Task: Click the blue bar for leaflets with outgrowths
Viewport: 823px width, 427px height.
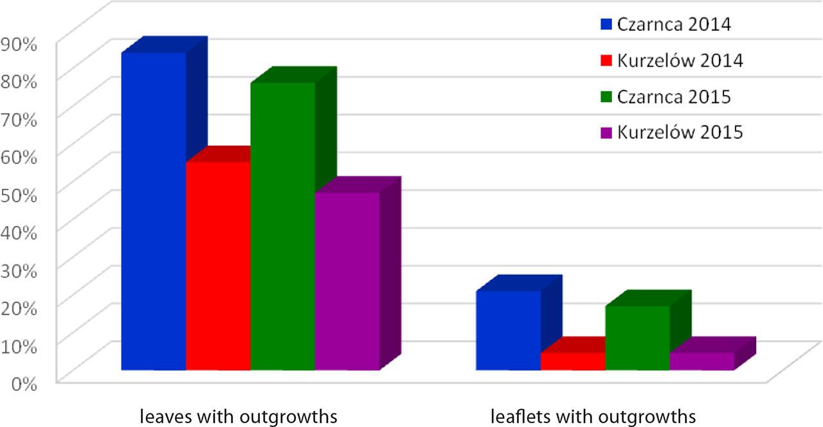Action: [x=508, y=330]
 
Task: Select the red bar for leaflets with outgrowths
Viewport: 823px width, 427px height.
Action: [x=573, y=361]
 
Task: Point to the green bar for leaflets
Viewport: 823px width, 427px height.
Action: [x=637, y=338]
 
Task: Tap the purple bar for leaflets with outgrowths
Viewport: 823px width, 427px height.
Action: [x=701, y=361]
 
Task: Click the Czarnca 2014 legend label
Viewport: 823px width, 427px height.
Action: [x=674, y=25]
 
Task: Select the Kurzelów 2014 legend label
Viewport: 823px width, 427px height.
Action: [x=680, y=61]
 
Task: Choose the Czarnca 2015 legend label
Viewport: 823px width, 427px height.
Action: [x=674, y=97]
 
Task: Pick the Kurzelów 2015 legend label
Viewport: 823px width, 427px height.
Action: [x=680, y=132]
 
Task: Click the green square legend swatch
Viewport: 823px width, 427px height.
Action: [x=606, y=97]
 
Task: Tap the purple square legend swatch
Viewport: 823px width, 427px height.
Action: [x=606, y=133]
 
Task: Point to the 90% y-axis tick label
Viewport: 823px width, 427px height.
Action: [x=21, y=43]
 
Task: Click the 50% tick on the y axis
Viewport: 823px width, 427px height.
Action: [x=21, y=194]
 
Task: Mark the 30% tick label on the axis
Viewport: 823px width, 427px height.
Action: [x=21, y=270]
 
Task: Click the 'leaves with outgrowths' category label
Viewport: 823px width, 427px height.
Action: [x=239, y=415]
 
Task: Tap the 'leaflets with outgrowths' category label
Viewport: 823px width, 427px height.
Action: [x=593, y=415]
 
